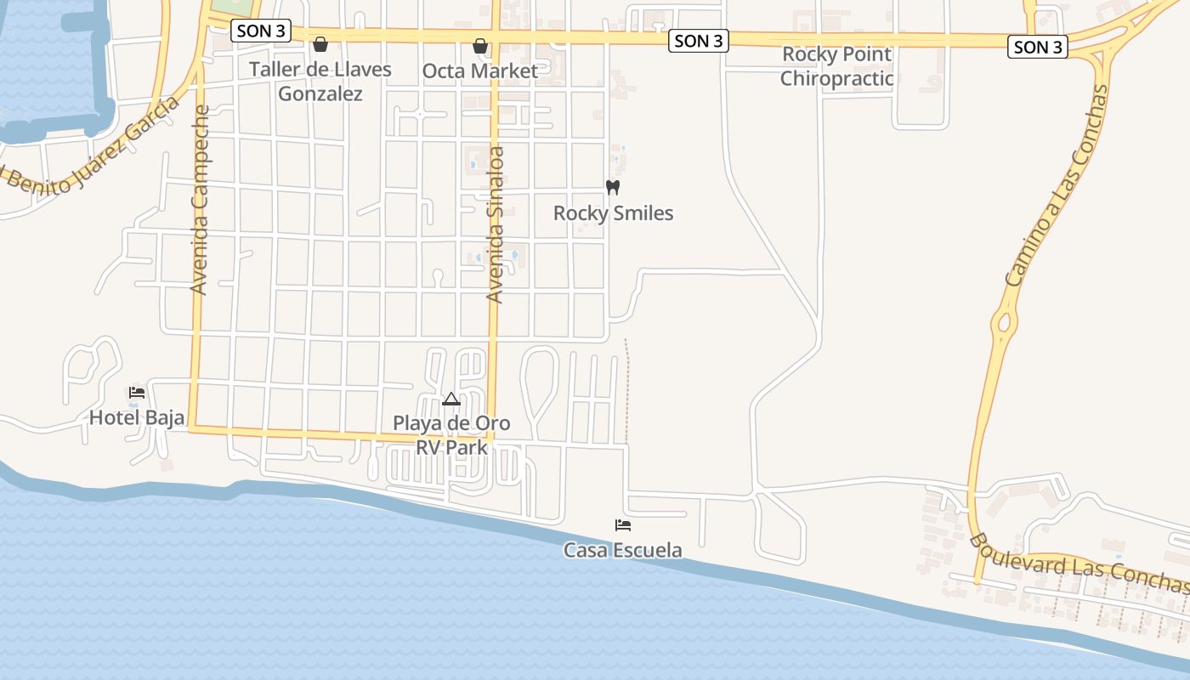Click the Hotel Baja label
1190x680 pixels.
[137, 417]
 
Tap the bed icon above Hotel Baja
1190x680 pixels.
[137, 393]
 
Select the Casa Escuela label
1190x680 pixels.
[622, 550]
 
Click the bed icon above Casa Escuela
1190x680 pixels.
[623, 525]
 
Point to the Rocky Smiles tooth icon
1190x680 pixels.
[613, 187]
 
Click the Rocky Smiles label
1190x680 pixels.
[613, 213]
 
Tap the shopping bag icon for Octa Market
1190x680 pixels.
[480, 45]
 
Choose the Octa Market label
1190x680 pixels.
[480, 71]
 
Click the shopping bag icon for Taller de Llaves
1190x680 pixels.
[320, 44]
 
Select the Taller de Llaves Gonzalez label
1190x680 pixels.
[320, 81]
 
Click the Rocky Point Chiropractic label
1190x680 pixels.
[836, 66]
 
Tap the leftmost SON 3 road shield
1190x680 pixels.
[261, 31]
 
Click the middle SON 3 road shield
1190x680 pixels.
[699, 41]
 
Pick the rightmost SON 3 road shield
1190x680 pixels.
[1037, 47]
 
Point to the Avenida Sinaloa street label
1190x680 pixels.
[496, 225]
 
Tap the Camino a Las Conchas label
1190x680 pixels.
[1057, 185]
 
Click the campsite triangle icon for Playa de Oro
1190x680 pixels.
[451, 399]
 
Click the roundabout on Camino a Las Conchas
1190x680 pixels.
[1005, 323]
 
